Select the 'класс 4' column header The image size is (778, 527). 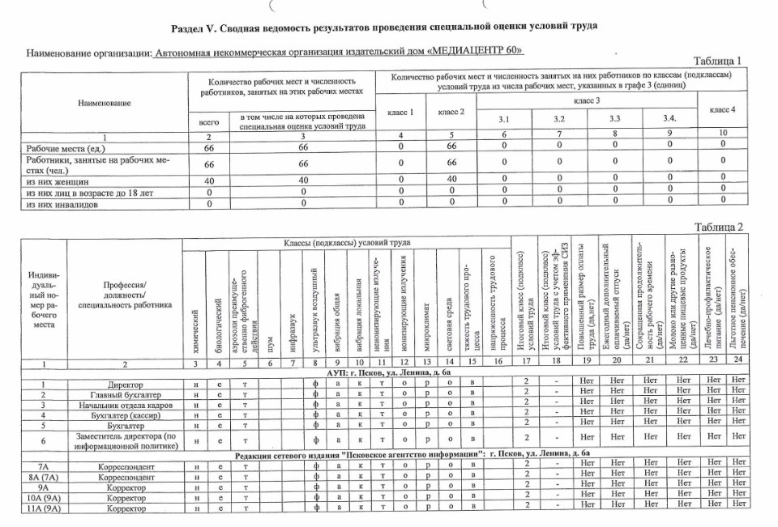click(721, 109)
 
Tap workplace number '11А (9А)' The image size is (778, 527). click(33, 508)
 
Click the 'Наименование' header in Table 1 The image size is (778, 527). click(104, 104)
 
